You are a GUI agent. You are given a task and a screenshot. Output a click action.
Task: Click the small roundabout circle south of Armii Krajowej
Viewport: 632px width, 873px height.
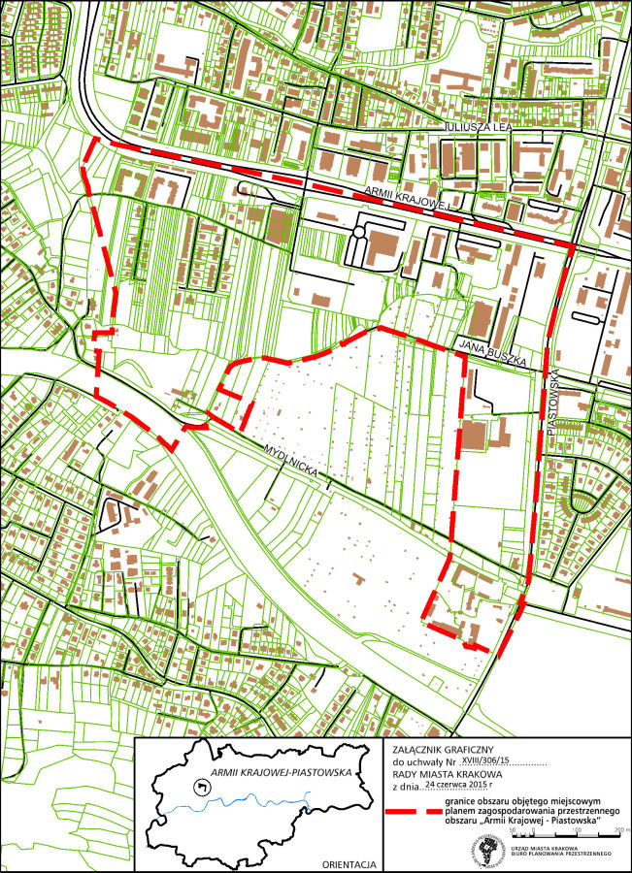(x=357, y=234)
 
